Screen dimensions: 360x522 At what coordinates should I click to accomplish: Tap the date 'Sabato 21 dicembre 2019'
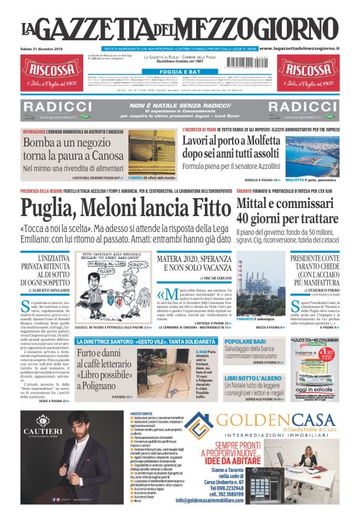tap(42, 48)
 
